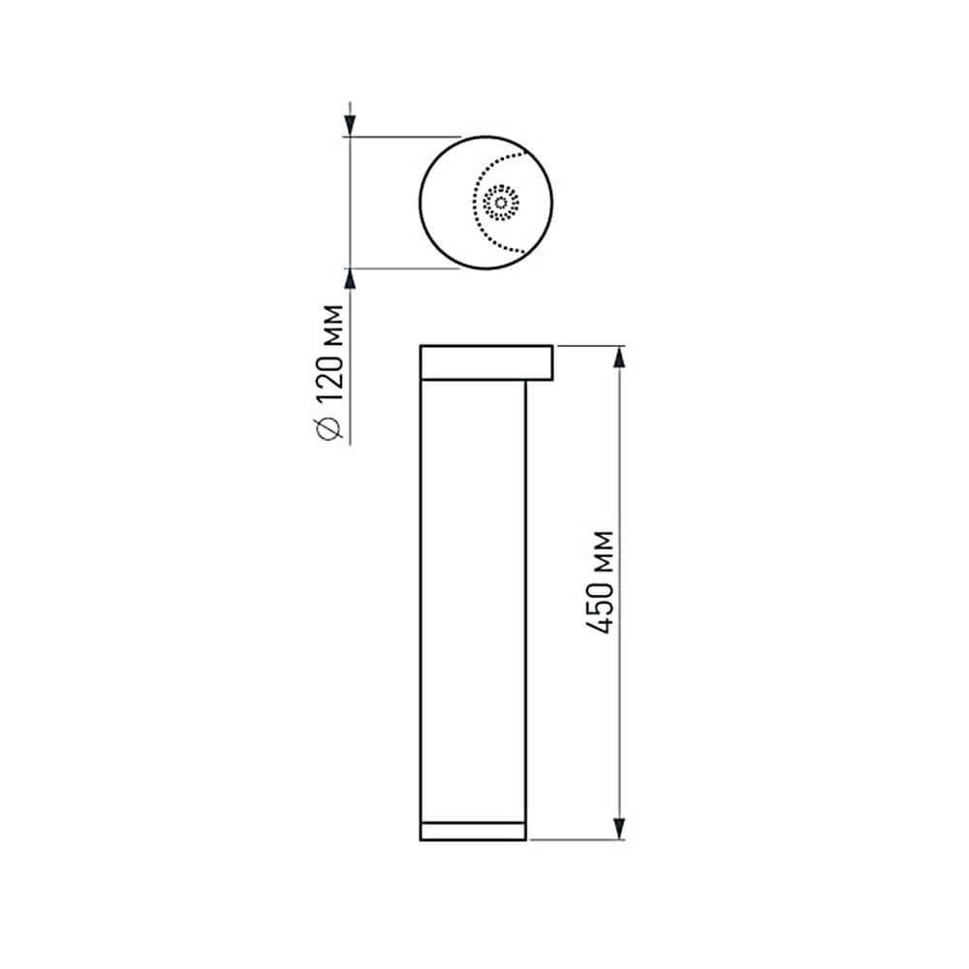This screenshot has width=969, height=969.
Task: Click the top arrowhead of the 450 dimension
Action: pos(618,358)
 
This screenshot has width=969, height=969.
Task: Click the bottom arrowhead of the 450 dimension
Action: pos(618,828)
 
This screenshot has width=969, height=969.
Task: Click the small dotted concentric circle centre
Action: pos(501,203)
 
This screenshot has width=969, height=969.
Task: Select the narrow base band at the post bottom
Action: pos(473,830)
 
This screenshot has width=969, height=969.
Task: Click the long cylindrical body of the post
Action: pos(473,601)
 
